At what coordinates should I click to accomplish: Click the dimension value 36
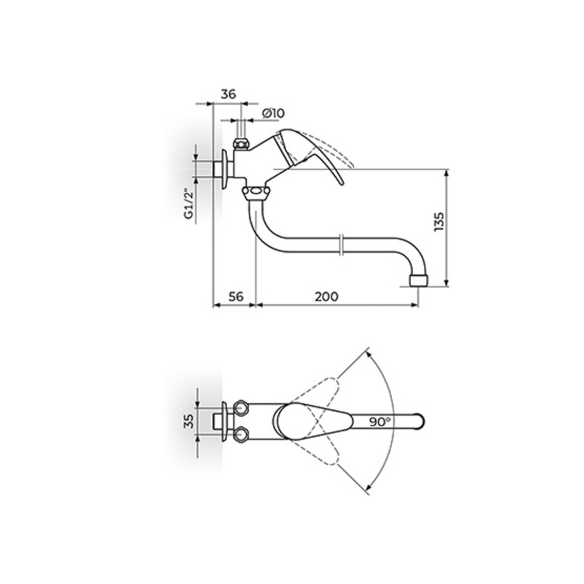click(228, 94)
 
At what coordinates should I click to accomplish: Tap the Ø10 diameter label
click(274, 113)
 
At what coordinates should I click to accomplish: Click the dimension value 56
click(236, 296)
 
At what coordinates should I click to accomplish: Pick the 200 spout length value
click(327, 296)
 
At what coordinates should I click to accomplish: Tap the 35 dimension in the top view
click(188, 421)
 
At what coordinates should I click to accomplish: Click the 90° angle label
click(380, 421)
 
